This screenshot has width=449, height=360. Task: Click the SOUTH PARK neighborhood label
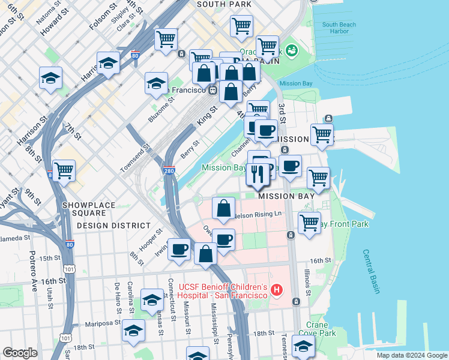tap(224, 4)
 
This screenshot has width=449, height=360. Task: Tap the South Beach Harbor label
tap(339, 28)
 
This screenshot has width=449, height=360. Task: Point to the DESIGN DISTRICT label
tap(114, 225)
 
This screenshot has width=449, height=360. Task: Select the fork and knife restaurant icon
tap(258, 175)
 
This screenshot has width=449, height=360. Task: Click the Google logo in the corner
tap(19, 353)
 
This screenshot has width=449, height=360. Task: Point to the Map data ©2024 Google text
tap(411, 355)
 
